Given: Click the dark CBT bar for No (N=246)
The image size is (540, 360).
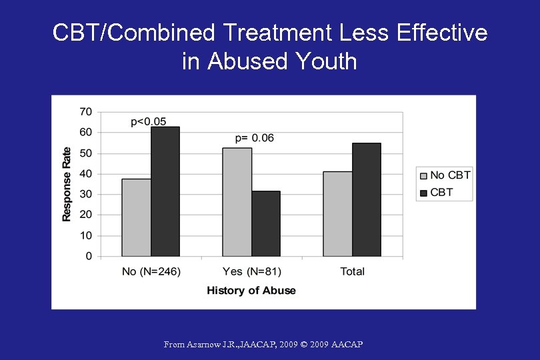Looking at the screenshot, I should (165, 191).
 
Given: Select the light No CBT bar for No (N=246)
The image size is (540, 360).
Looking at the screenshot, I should (136, 217).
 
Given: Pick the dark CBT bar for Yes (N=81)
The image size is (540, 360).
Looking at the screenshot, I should (266, 224).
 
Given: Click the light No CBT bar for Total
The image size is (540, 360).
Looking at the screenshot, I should (337, 214).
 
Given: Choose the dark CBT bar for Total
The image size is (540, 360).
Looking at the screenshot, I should (367, 199).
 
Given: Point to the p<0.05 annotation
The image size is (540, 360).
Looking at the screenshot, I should (149, 121).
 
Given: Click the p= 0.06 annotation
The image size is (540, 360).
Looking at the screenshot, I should (254, 138).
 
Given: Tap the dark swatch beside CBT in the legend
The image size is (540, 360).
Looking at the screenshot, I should (423, 193).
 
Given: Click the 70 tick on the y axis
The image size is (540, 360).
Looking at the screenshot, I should (85, 112).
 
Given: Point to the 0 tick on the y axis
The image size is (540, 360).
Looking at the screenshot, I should (89, 256).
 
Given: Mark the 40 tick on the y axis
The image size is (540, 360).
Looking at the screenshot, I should (85, 174).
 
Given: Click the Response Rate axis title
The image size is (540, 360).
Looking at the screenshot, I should (67, 184).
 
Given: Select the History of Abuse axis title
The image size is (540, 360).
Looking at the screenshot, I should (251, 291).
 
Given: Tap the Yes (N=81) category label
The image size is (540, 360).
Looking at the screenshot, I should (251, 271).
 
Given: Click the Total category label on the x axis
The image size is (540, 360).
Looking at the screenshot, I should (352, 271).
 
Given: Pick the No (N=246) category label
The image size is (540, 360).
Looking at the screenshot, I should (151, 271).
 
